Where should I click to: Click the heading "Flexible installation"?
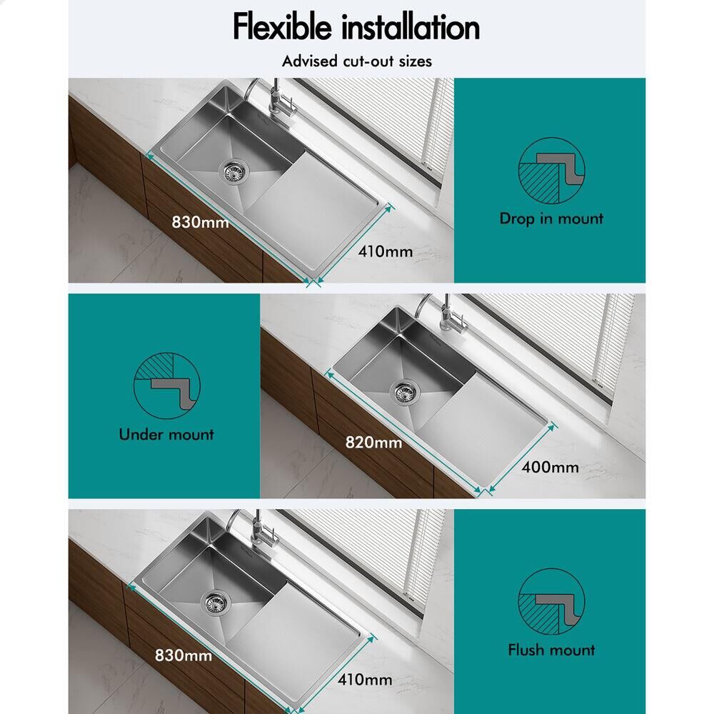pos(356,27)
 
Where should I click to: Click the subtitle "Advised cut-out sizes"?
pos(356,61)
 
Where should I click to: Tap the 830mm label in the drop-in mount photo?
pos(200,222)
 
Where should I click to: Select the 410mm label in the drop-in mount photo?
pos(386,251)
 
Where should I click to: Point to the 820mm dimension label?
pos(373,442)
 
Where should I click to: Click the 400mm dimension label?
pos(550,467)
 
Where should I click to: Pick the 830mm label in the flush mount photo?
pos(183,655)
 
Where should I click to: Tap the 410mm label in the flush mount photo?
pos(365,680)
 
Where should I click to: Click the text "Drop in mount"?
pos(551,218)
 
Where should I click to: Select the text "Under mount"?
pos(166,434)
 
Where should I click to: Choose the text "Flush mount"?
pos(551,650)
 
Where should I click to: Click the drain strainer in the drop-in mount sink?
pos(233,171)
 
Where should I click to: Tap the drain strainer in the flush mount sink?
pos(216,602)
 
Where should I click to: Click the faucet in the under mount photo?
pos(444,318)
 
